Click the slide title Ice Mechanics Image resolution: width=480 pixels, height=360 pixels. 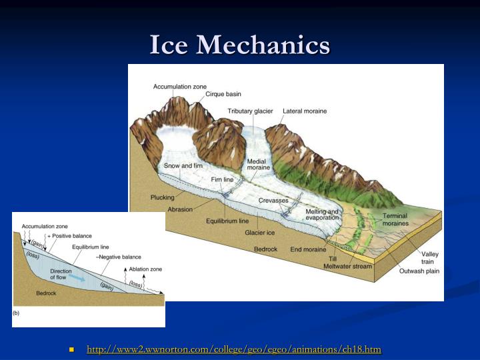(x=240, y=45)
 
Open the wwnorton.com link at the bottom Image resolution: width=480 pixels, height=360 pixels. (x=233, y=349)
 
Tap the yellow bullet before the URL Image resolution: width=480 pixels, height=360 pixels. (x=71, y=349)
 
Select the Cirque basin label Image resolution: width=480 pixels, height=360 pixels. (x=223, y=95)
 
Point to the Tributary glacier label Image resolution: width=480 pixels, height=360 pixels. (x=250, y=111)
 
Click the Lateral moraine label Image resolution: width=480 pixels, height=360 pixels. (x=305, y=111)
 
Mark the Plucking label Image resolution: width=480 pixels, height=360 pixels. (x=162, y=197)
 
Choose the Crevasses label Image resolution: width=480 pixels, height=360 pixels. (x=273, y=201)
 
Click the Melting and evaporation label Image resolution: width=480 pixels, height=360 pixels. (x=323, y=215)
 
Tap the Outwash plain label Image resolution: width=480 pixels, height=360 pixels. (x=419, y=271)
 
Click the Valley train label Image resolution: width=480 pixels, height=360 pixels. (x=431, y=257)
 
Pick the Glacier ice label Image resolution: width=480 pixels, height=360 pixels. (x=259, y=233)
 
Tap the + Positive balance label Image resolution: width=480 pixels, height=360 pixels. (x=70, y=236)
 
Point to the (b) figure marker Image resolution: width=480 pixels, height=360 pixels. (x=17, y=311)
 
